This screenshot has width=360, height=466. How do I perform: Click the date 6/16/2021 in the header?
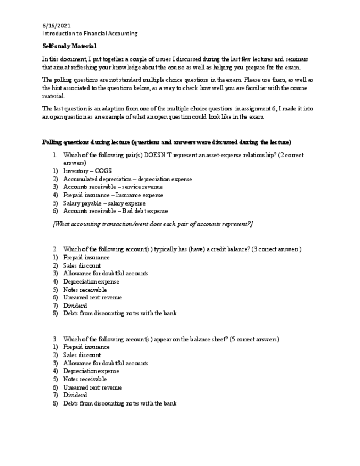point(56,26)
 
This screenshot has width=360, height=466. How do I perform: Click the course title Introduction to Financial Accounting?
point(90,34)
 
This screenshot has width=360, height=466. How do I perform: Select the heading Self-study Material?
point(69,46)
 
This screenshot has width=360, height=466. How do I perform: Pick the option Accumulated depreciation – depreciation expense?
point(128,179)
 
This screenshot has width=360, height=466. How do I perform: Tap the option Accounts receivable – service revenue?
point(113,187)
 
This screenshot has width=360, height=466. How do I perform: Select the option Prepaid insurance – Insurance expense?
point(113,195)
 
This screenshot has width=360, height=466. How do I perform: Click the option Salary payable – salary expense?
point(104,203)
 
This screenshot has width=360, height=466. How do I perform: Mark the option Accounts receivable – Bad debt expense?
point(115,211)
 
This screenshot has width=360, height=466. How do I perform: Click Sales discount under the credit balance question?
point(82,265)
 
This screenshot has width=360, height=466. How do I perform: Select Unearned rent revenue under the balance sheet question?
point(92,387)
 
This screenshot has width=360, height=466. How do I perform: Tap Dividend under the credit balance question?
point(75,306)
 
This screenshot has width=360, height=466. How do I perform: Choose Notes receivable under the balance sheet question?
point(85,379)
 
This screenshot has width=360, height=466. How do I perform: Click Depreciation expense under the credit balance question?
point(91,281)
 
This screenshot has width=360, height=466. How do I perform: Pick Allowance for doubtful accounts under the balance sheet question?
point(105,363)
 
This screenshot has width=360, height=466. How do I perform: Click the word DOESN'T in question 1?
point(158,156)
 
